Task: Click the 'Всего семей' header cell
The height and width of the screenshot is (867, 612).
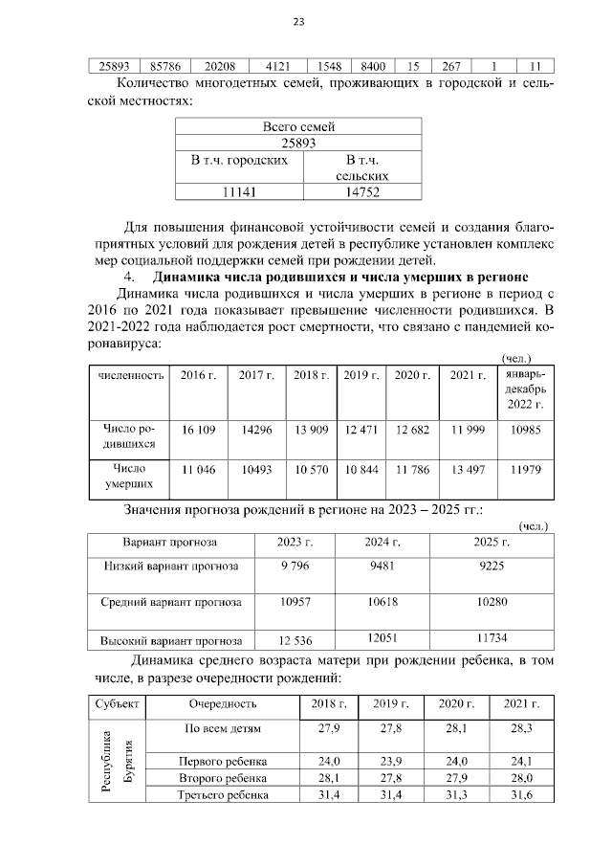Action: (x=297, y=126)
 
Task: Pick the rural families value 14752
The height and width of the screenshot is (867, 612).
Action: (x=361, y=192)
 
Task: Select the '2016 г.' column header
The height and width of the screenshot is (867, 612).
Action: (x=198, y=375)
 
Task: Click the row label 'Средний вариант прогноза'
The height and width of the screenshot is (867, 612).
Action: (x=171, y=603)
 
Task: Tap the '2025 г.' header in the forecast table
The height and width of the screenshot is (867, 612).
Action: (x=492, y=542)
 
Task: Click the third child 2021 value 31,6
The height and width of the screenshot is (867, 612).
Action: (x=522, y=794)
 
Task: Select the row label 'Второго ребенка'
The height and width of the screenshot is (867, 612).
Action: (x=223, y=778)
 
